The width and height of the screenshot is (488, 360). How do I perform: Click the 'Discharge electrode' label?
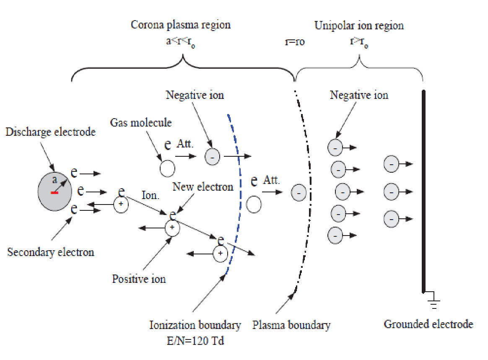50,132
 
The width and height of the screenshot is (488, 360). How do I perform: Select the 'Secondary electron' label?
51,252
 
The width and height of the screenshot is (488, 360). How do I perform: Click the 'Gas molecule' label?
141,123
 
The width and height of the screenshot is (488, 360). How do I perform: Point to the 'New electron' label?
203,186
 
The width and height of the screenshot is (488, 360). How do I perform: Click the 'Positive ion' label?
139,279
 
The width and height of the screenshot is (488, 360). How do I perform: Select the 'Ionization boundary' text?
195,325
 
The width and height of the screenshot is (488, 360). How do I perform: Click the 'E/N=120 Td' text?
195,341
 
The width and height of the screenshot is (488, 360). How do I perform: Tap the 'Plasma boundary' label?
291,325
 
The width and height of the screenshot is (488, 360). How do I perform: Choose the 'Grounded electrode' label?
428,324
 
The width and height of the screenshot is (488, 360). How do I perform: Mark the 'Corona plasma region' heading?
181,25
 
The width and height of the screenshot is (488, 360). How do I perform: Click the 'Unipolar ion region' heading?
359,26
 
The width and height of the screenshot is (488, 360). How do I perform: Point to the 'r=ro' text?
294,42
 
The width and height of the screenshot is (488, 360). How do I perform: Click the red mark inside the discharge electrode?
55,193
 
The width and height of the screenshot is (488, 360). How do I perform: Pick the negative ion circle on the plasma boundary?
299,193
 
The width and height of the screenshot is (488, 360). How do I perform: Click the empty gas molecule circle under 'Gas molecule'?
167,169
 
